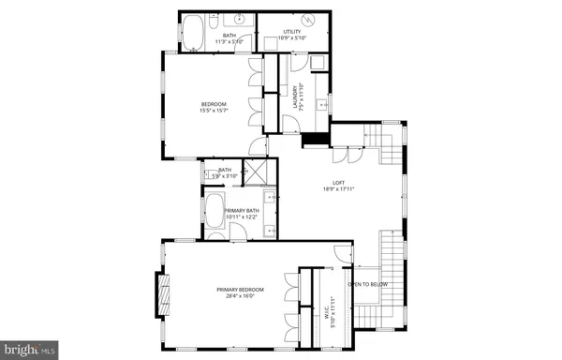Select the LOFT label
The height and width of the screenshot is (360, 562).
[338, 182]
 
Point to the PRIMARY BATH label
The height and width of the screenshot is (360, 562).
[242, 211]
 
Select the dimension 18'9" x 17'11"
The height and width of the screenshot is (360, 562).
[338, 189]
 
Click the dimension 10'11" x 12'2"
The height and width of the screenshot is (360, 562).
[242, 218]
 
